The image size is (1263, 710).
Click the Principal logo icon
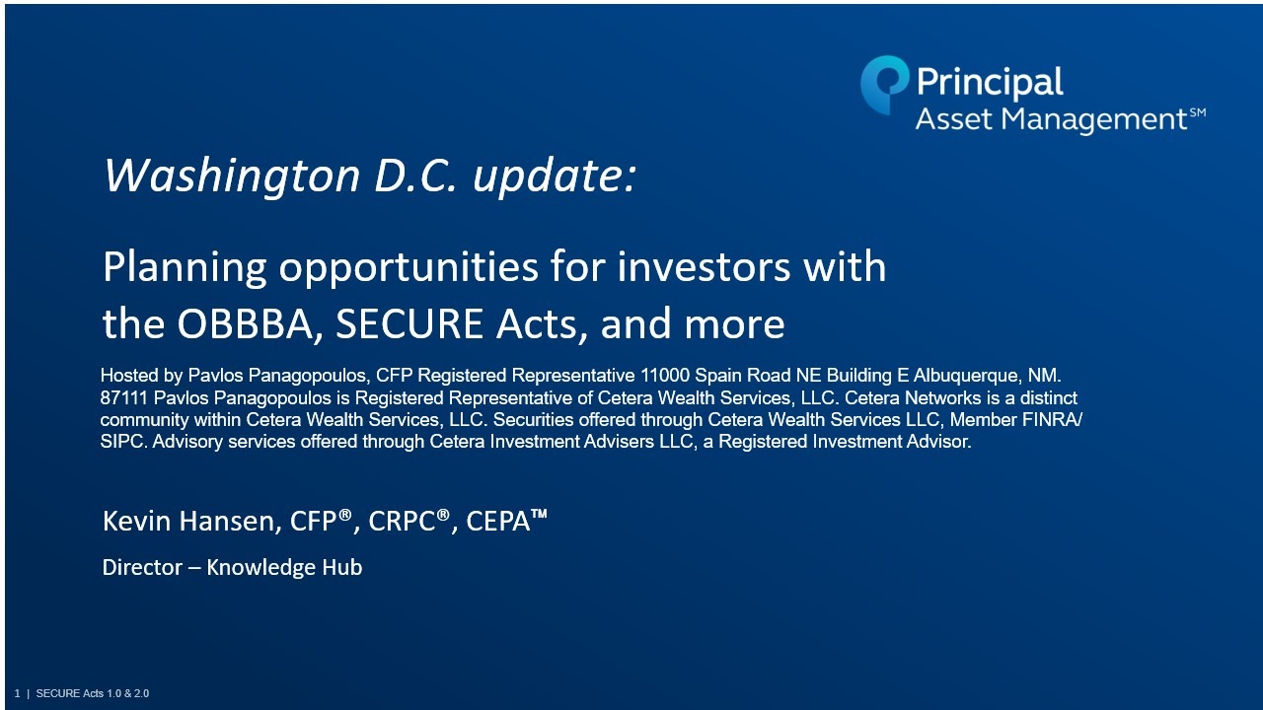[x=883, y=85]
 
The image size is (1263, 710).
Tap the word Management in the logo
[x=1093, y=119]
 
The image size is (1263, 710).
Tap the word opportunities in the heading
[x=409, y=267]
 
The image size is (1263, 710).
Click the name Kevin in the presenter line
[x=136, y=521]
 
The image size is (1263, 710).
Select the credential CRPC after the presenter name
[x=403, y=522]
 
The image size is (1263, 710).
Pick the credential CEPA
[x=498, y=522]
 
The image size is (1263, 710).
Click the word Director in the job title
[x=142, y=567]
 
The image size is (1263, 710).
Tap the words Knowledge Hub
[x=284, y=568]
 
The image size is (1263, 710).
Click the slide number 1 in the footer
[x=18, y=693]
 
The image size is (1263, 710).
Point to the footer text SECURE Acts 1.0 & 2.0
[x=93, y=693]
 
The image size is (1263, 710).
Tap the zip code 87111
[x=124, y=397]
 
